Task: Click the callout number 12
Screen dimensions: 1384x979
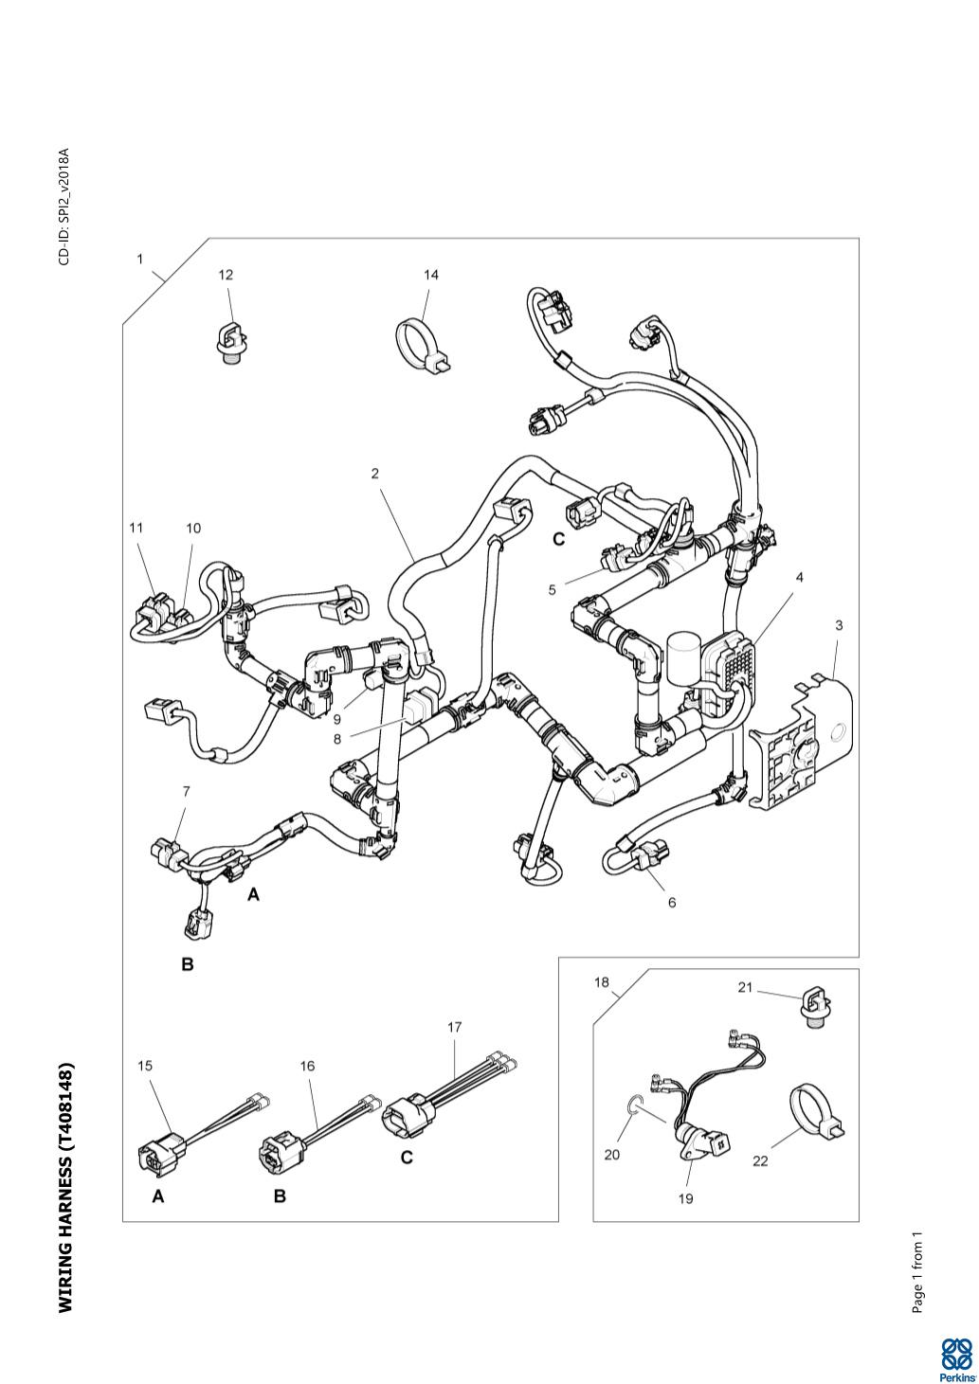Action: click(x=226, y=275)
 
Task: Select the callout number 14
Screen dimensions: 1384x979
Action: click(x=431, y=275)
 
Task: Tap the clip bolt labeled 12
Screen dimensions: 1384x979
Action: click(x=228, y=343)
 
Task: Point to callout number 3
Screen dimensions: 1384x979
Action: click(x=839, y=625)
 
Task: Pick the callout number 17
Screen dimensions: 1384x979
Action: click(x=454, y=1027)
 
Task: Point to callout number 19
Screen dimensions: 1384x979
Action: click(x=686, y=1198)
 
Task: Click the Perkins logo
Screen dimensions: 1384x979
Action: click(x=954, y=1356)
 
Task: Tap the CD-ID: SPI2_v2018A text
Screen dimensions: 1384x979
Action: click(x=64, y=207)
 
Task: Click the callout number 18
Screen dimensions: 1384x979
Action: click(x=602, y=982)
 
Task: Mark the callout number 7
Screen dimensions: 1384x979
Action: click(x=186, y=790)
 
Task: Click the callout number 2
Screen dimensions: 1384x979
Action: click(x=375, y=474)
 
